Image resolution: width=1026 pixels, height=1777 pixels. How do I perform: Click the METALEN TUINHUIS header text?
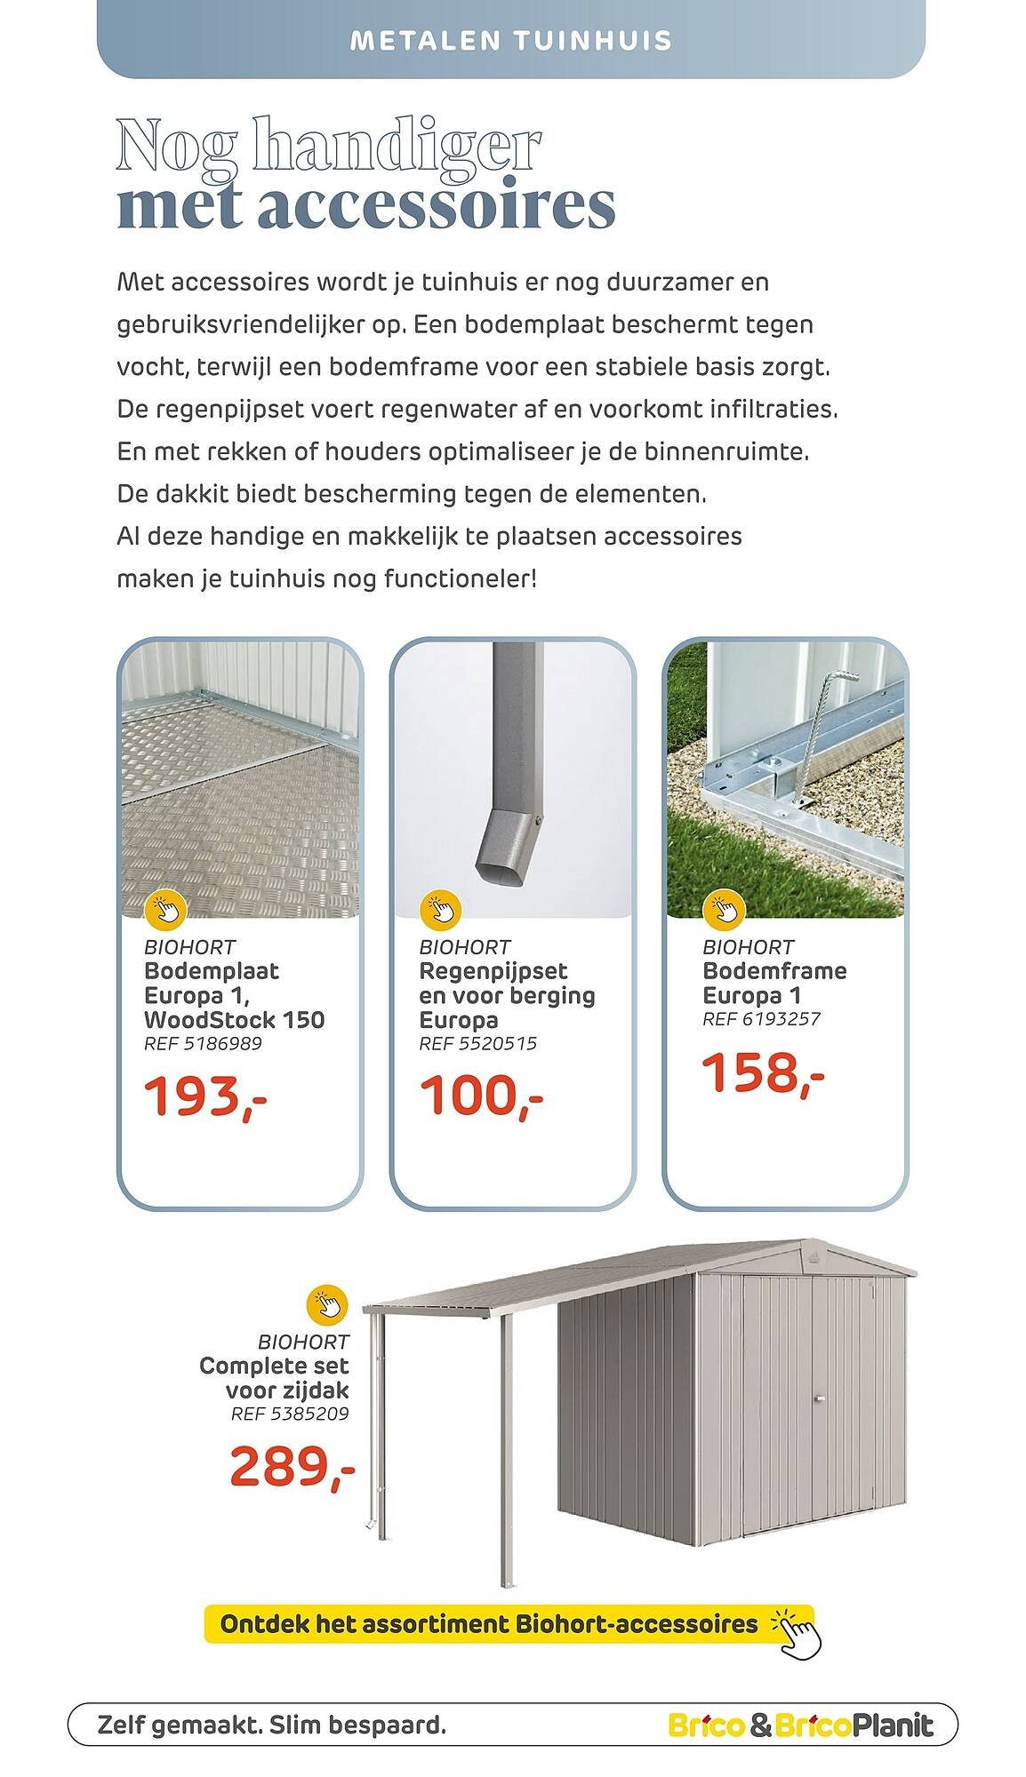[511, 41]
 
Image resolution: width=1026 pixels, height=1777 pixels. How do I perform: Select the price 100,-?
[480, 1096]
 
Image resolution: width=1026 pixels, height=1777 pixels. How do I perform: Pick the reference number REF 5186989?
[203, 1043]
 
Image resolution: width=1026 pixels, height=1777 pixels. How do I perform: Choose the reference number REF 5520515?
[477, 1043]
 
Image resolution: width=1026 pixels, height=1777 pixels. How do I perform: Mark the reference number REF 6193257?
[761, 1019]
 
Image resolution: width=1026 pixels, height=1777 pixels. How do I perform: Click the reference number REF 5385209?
[290, 1413]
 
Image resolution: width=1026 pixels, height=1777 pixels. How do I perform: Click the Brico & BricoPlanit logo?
[800, 1726]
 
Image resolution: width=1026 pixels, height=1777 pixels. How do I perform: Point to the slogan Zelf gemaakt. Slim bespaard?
[271, 1726]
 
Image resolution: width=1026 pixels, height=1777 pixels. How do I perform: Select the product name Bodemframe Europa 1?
[774, 983]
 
